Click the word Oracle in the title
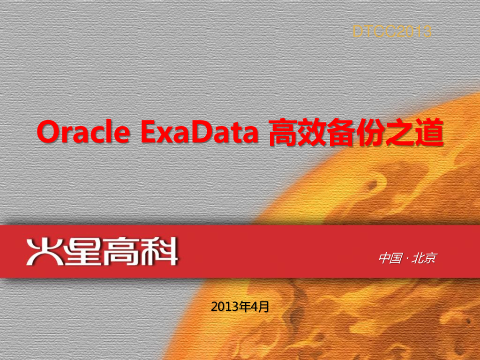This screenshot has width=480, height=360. [x=83, y=133]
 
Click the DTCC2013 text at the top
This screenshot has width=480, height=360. [x=392, y=32]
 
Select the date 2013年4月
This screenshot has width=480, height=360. [x=240, y=307]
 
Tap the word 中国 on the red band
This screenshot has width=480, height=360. [x=389, y=258]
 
